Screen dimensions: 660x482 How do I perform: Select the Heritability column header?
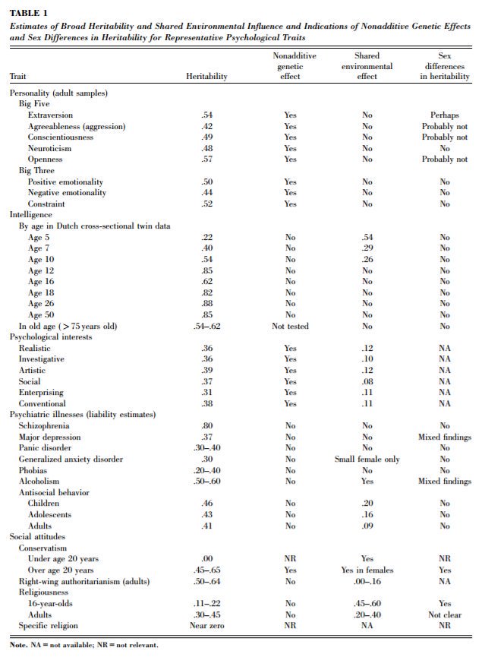pyautogui.click(x=206, y=76)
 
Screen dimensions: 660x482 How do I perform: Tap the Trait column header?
pyautogui.click(x=17, y=76)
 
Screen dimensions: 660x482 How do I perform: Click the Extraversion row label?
pyautogui.click(x=50, y=115)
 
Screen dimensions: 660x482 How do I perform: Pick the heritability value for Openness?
pyautogui.click(x=206, y=159)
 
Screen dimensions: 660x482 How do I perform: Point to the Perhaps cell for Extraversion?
pyautogui.click(x=444, y=115)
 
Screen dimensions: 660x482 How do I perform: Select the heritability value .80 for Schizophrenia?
pyautogui.click(x=206, y=426)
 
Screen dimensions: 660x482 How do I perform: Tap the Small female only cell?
pyautogui.click(x=367, y=459)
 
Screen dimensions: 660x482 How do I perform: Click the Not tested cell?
pyautogui.click(x=290, y=326)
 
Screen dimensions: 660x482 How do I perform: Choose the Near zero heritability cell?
pyautogui.click(x=206, y=625)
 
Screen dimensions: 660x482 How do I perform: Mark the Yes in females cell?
pyautogui.click(x=367, y=570)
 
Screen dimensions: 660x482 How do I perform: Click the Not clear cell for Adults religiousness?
pyautogui.click(x=444, y=614)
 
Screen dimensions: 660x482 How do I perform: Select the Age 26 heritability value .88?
pyautogui.click(x=206, y=304)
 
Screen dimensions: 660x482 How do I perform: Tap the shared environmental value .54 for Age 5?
pyautogui.click(x=367, y=238)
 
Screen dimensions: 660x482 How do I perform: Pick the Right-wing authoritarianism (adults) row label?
pyautogui.click(x=83, y=581)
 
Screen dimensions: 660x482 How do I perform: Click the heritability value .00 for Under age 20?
pyautogui.click(x=206, y=559)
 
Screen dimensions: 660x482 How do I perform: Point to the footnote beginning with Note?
pyautogui.click(x=83, y=645)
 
